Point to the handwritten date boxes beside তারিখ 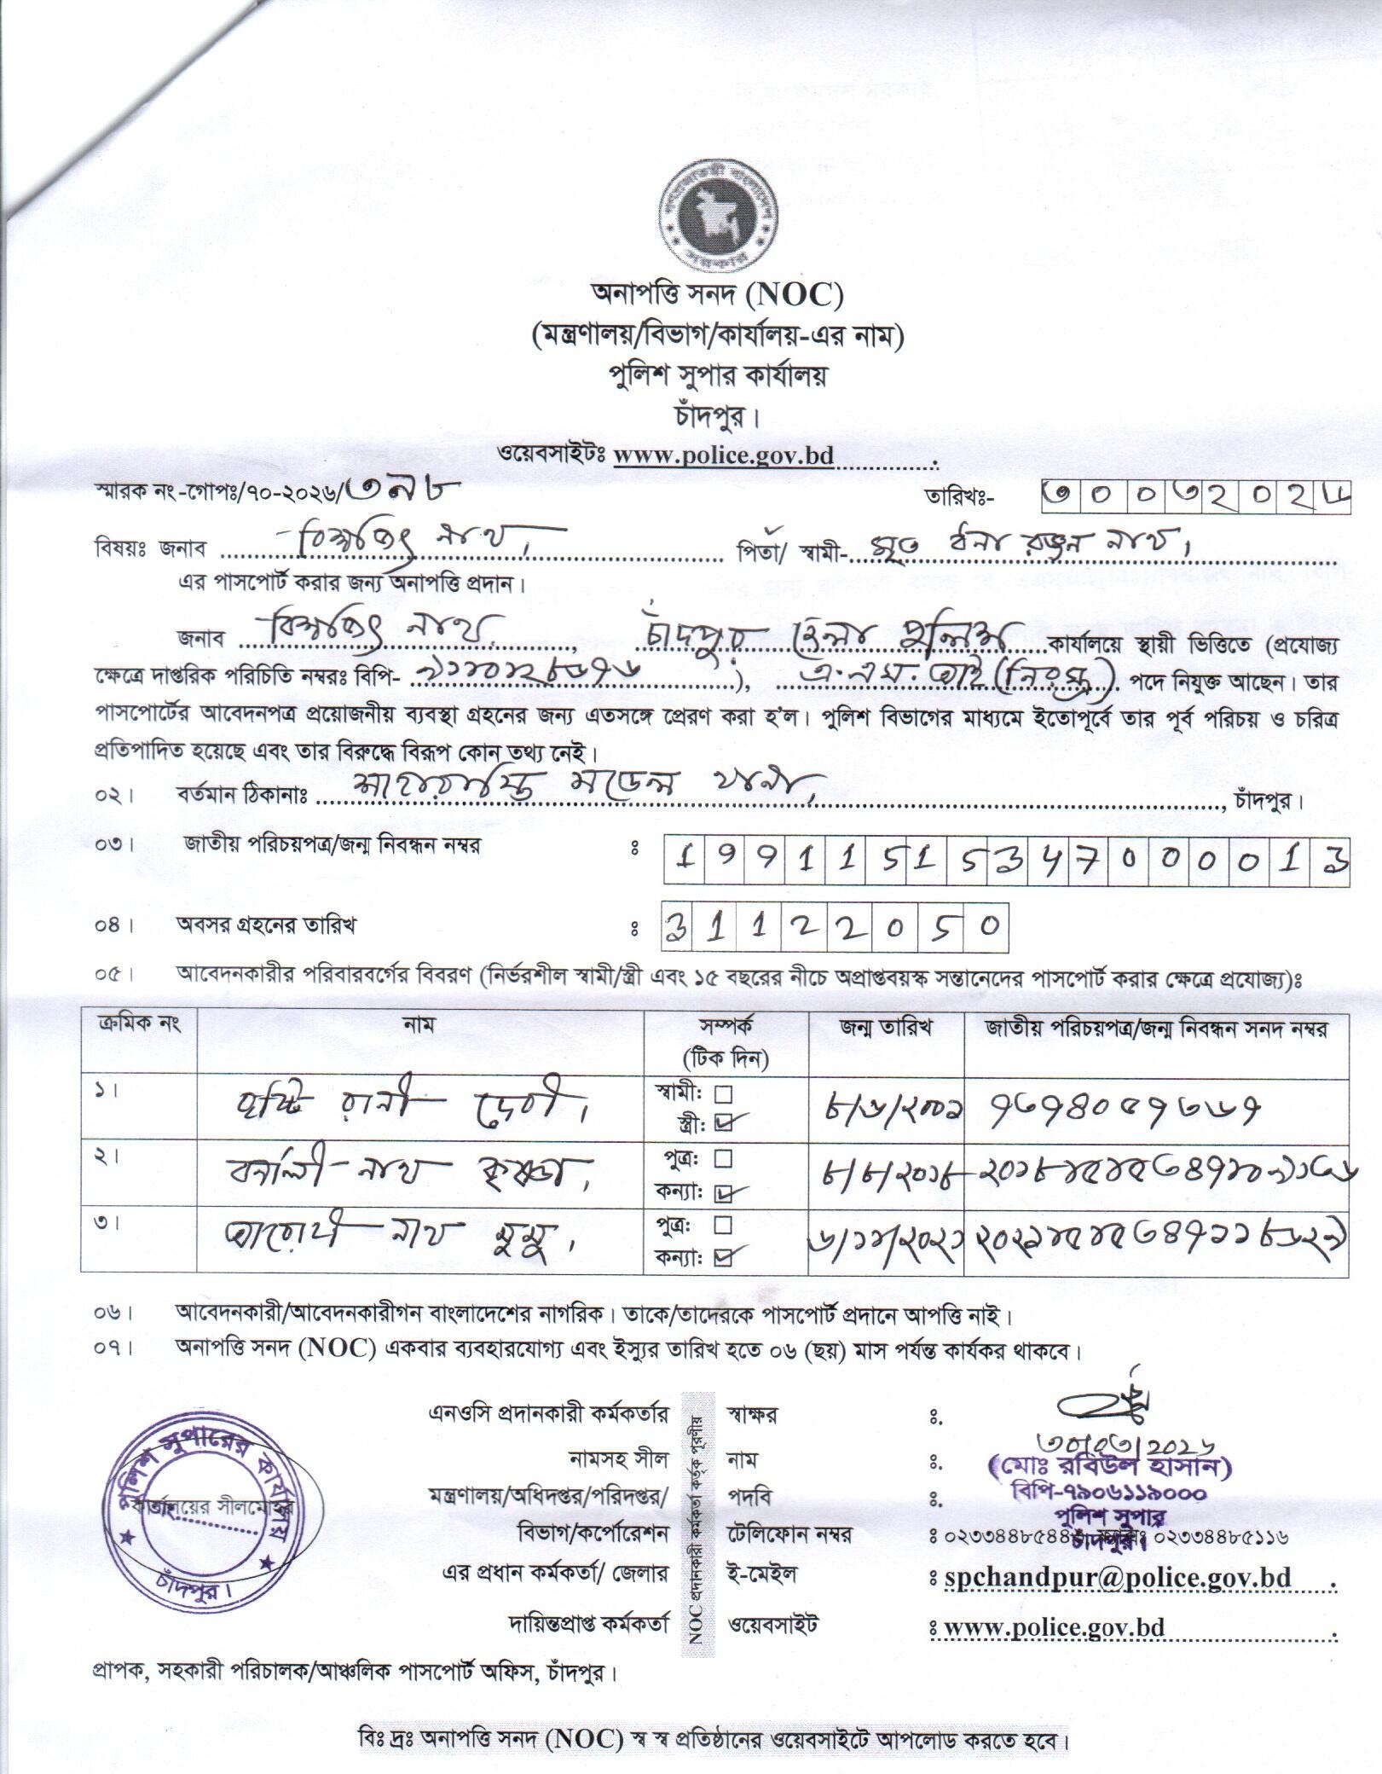coord(1196,494)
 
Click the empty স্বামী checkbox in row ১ coord(723,1093)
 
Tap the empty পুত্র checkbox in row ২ coord(723,1159)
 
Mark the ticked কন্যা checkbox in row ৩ coord(723,1256)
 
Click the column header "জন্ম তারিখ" coord(886,1028)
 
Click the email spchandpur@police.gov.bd coord(1118,1578)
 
